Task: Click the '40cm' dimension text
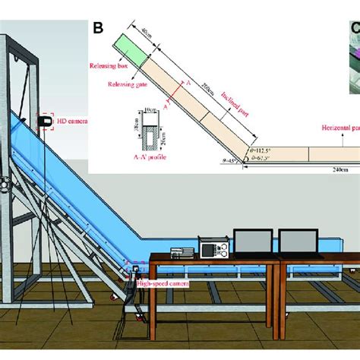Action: (x=147, y=31)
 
